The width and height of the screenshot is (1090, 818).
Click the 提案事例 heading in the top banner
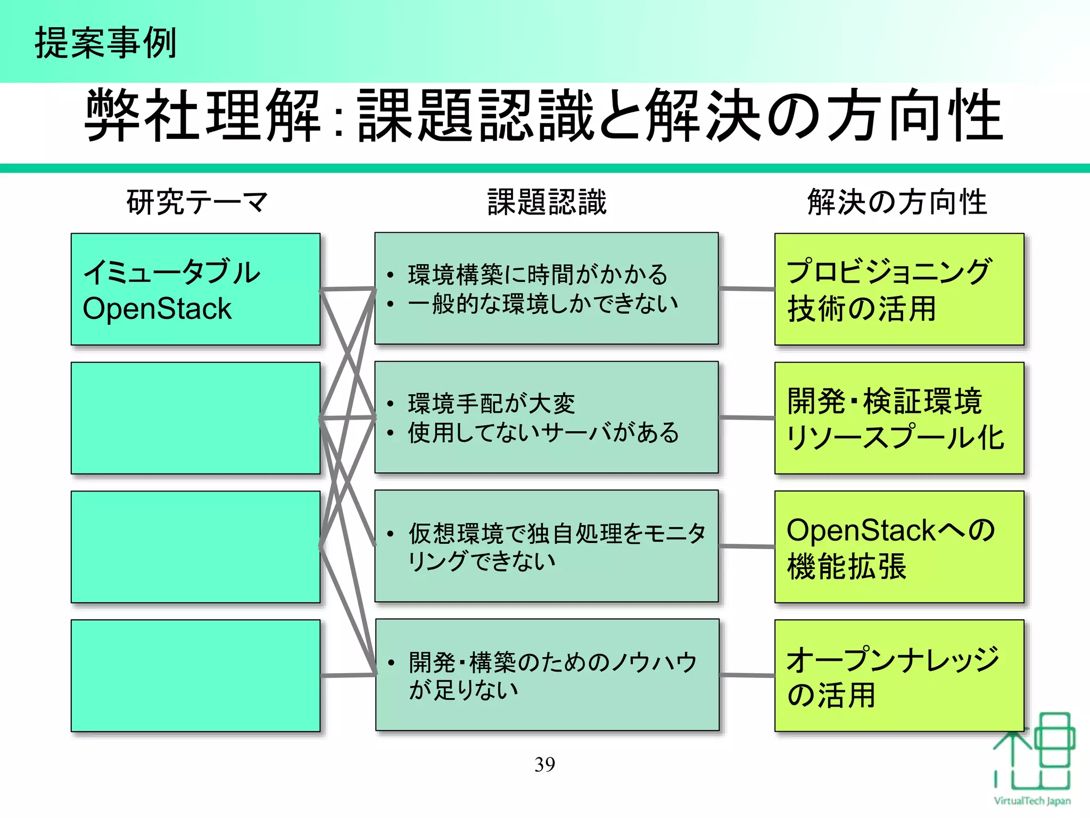[105, 43]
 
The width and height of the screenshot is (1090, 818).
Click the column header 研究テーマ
[197, 202]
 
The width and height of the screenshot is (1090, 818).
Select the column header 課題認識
[547, 202]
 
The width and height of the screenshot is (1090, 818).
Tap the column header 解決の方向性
[897, 202]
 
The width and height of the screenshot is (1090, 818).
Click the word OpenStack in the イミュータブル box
[157, 309]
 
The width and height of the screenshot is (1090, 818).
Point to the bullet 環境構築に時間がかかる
[538, 275]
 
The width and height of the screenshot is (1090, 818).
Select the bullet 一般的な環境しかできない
[543, 304]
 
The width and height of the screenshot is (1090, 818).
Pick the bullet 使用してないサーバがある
[543, 432]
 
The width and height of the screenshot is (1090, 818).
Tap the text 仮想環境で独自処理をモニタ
[557, 533]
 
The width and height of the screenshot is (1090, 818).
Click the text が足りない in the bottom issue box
[463, 690]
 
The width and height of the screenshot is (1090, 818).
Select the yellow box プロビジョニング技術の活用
[899, 289]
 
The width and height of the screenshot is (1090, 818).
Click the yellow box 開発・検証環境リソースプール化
[899, 418]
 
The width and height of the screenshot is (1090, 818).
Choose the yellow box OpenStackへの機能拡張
[899, 547]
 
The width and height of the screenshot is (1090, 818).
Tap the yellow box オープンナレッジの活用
[899, 675]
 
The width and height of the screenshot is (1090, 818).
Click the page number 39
[544, 765]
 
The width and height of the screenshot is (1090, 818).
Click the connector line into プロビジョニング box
[747, 289]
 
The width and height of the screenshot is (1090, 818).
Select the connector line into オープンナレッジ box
[747, 675]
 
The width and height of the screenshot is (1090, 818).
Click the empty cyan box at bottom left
[195, 675]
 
